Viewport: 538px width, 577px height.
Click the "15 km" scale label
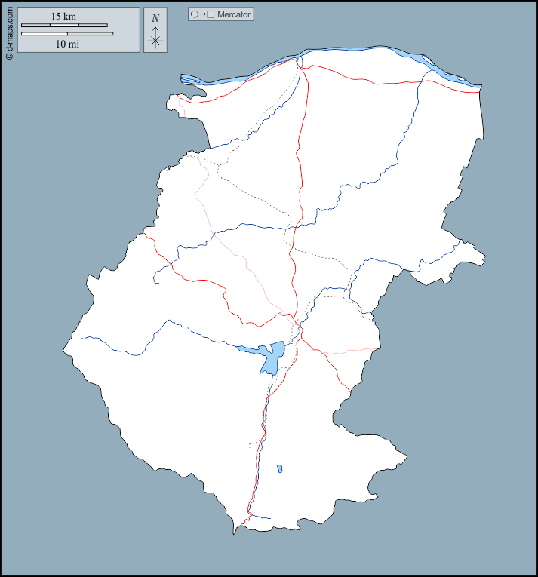click(63, 16)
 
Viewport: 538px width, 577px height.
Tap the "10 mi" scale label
click(67, 44)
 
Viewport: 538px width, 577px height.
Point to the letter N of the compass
click(155, 18)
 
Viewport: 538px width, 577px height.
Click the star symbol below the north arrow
click(155, 41)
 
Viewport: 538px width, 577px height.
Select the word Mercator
click(234, 14)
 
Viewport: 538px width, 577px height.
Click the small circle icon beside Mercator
click(194, 14)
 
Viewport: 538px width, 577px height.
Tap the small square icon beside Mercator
click(211, 14)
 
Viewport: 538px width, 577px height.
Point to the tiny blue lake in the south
click(279, 468)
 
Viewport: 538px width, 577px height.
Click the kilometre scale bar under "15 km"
click(64, 26)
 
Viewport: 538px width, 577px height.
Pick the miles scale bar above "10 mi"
click(67, 34)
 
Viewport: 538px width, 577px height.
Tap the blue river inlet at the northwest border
click(193, 79)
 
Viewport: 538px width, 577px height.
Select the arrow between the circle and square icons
click(202, 14)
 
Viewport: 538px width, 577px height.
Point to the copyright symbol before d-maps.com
click(9, 55)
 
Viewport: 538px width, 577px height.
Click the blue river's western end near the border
click(83, 337)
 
